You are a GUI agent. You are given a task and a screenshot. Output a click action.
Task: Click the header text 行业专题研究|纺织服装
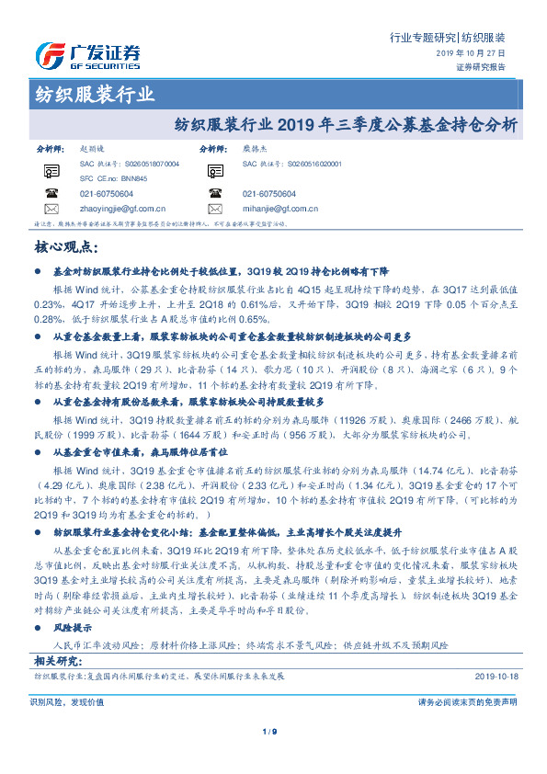point(447,38)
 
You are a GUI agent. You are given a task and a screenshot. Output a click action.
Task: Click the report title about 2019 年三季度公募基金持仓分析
point(346,123)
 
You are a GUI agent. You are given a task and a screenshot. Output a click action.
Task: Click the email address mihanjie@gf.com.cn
point(282,210)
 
